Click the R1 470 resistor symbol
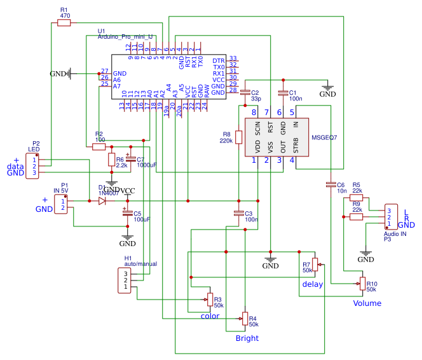64,23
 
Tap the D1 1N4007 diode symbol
102,201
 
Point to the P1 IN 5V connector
62,204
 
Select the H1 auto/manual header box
126,280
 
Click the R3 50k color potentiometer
209,298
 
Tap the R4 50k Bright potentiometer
244,317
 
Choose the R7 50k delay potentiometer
315,264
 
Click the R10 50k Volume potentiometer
363,282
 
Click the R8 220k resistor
238,137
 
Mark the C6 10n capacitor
330,184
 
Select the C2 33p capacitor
245,93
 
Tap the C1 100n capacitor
283,93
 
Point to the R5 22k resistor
357,198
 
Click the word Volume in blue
367,303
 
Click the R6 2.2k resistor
111,159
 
